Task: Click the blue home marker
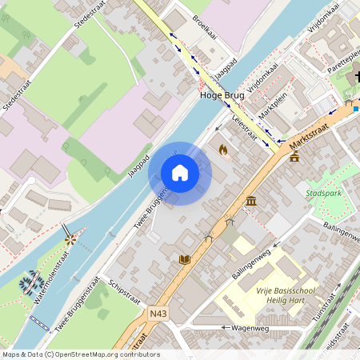tap(180, 173)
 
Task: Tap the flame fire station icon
tap(223, 150)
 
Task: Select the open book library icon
tap(185, 260)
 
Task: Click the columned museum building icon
tap(251, 201)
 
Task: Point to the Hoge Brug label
tap(222, 94)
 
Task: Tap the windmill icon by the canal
tap(70, 238)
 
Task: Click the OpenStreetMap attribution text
tap(80, 354)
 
